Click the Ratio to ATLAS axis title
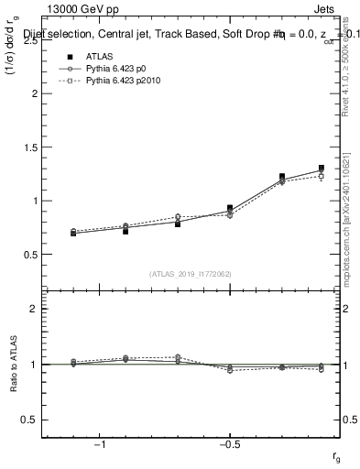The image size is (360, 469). (x=13, y=364)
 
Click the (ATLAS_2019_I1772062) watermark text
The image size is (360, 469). (x=191, y=274)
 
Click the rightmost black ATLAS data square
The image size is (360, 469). (x=322, y=169)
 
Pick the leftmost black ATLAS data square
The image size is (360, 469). (x=73, y=234)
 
